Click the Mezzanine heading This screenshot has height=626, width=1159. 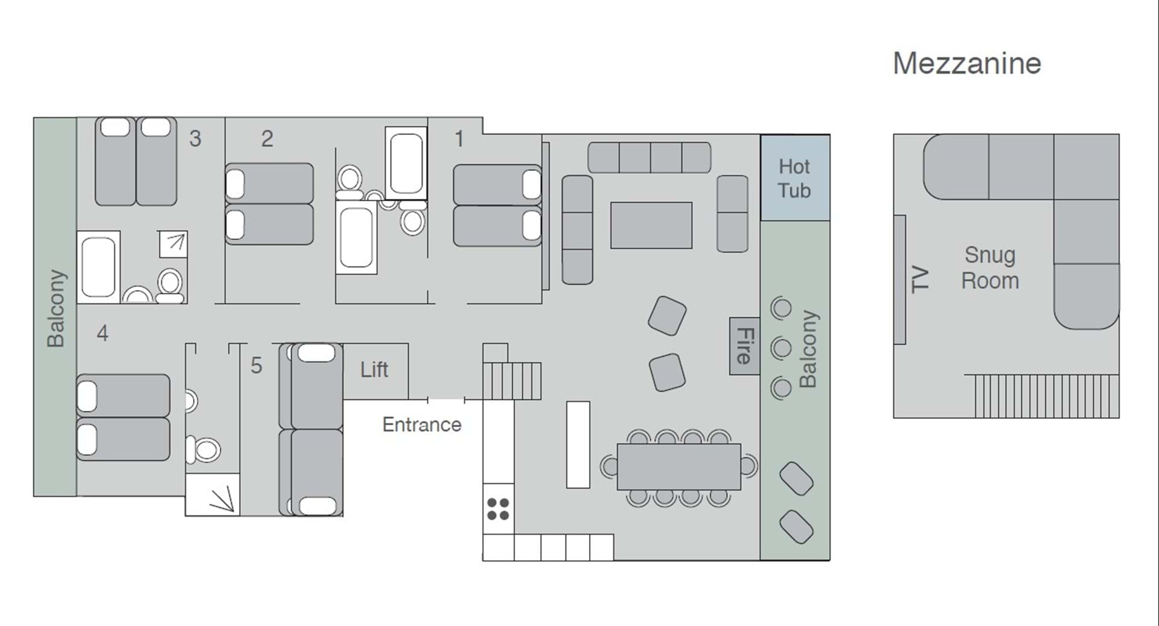click(967, 63)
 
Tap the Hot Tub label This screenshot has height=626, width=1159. click(794, 178)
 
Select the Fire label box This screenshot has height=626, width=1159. click(744, 346)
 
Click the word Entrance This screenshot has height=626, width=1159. click(422, 424)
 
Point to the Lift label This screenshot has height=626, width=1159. click(374, 369)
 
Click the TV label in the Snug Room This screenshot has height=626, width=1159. click(919, 279)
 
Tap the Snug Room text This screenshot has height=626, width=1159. click(990, 268)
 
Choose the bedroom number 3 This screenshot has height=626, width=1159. click(195, 138)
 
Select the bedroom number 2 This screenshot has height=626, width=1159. click(267, 138)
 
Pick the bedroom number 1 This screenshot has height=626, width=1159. click(459, 138)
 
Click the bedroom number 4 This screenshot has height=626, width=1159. click(103, 333)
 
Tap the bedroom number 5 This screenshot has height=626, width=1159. click(257, 365)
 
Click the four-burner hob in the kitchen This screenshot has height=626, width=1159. click(498, 509)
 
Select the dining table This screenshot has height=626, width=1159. click(679, 467)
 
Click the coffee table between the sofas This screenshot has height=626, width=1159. click(651, 225)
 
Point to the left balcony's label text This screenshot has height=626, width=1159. click(56, 308)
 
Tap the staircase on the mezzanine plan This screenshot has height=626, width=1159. click(1041, 396)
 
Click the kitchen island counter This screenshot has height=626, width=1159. click(578, 444)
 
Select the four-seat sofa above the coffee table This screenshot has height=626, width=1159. click(650, 158)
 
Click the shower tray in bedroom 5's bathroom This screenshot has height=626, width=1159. click(212, 494)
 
